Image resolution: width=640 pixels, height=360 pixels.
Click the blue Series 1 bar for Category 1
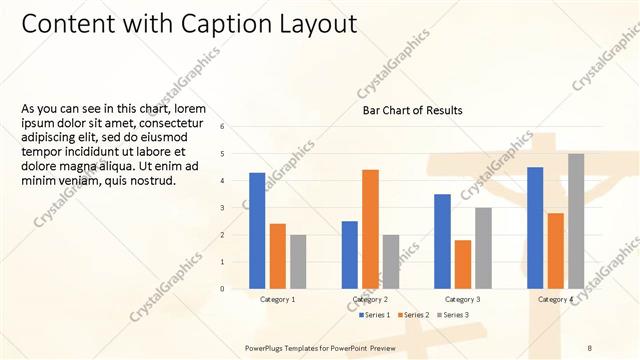pos(257,230)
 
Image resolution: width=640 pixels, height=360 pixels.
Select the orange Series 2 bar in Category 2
pos(370,229)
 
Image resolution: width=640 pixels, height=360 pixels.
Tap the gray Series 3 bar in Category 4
pos(575,221)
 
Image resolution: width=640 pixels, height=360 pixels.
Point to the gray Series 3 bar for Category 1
pos(298,261)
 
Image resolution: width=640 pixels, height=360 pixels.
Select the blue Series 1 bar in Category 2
pos(350,254)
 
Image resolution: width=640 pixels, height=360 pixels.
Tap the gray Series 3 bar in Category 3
pos(482,248)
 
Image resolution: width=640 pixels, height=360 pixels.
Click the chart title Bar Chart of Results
pos(413,110)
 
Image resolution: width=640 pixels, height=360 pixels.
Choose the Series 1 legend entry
pos(374,315)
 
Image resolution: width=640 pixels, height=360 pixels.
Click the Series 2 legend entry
pos(414,315)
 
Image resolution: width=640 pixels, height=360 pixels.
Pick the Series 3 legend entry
pos(452,315)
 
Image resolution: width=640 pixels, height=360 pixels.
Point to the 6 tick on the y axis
pos(236,127)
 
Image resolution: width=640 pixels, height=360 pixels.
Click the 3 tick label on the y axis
pos(236,208)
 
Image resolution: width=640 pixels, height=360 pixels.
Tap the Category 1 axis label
pos(277,299)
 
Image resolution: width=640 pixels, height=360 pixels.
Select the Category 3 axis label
pos(462,299)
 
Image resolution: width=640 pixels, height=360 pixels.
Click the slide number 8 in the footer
pos(590,347)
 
